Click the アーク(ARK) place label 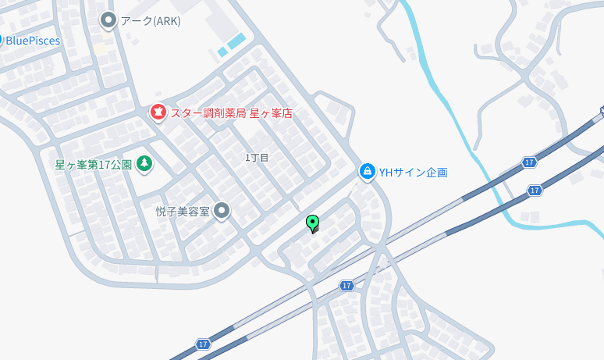tap(151, 21)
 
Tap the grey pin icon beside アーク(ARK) tap(108, 20)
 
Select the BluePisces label tap(33, 41)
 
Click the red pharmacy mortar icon tap(158, 113)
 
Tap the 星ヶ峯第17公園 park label tap(93, 165)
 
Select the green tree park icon tap(144, 164)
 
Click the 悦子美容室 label tap(183, 212)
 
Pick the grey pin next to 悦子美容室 tap(222, 211)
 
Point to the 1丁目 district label tap(257, 158)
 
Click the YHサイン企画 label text tap(414, 172)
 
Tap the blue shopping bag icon tap(368, 171)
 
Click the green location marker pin tap(313, 223)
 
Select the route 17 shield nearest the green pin tap(347, 286)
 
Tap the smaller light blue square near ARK tap(222, 52)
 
